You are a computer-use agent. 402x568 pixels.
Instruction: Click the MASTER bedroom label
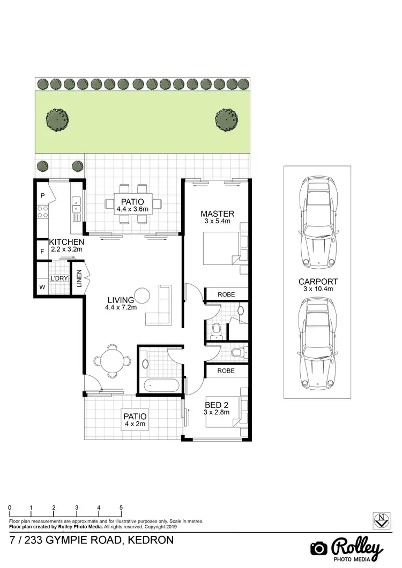pyautogui.click(x=217, y=214)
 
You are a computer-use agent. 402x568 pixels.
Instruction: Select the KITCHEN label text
pyautogui.click(x=66, y=242)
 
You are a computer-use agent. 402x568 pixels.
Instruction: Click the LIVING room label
pyautogui.click(x=121, y=300)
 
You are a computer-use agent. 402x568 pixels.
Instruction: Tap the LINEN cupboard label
pyautogui.click(x=79, y=279)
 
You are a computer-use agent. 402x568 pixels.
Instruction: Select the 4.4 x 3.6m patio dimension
pyautogui.click(x=133, y=209)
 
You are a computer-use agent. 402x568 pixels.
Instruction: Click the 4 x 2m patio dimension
pyautogui.click(x=135, y=423)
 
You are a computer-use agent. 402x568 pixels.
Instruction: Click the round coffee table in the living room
pyautogui.click(x=143, y=296)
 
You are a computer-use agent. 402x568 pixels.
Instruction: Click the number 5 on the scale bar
pyautogui.click(x=121, y=507)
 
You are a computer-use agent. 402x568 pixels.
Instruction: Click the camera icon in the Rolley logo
pyautogui.click(x=319, y=548)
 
